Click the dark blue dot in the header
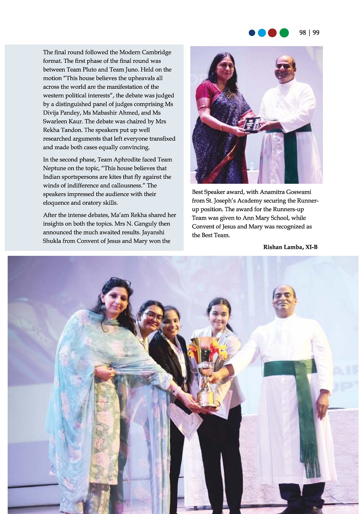click(252, 33)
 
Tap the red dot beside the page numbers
click(272, 33)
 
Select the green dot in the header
click(284, 33)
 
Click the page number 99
click(316, 33)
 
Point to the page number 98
click(303, 33)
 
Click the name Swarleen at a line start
click(55, 121)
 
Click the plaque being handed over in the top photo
click(252, 125)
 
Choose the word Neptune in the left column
click(55, 168)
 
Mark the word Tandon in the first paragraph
click(70, 130)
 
